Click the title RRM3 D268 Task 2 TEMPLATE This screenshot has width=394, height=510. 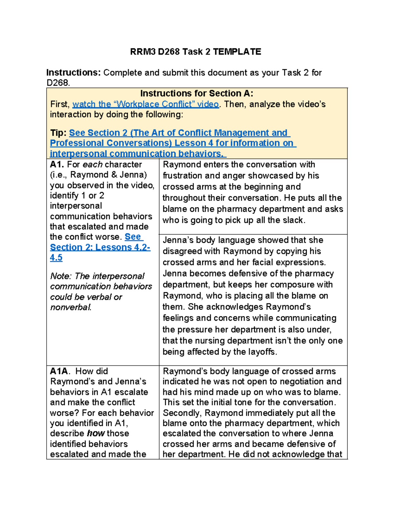click(195, 52)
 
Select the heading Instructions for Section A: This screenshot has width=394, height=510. click(197, 94)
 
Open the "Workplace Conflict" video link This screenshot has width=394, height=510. click(145, 104)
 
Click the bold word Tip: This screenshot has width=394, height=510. click(58, 133)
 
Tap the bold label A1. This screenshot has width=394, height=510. click(57, 165)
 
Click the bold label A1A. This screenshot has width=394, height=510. click(59, 371)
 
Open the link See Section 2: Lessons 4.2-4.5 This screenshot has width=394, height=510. click(100, 247)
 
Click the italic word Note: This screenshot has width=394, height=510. click(60, 276)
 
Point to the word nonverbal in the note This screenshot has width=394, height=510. click(70, 307)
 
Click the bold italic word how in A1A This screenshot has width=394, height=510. click(96, 433)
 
